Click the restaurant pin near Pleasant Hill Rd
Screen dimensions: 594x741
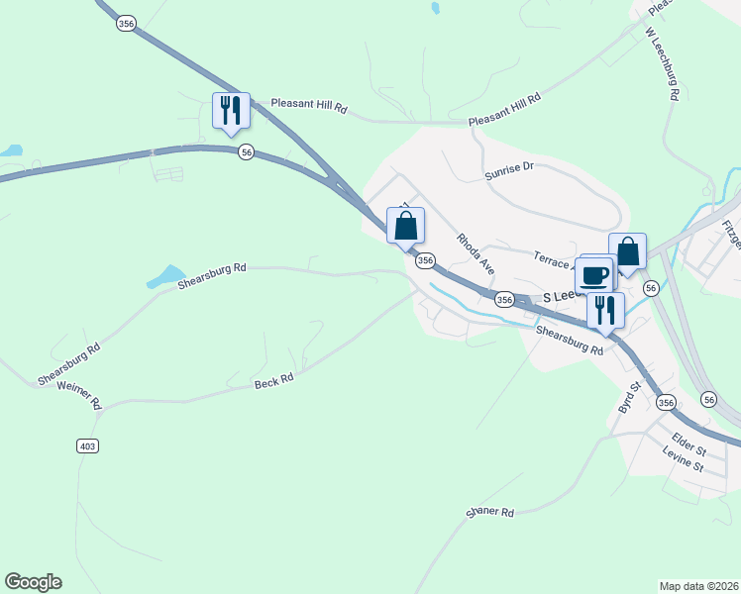231,110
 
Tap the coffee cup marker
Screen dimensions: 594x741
594,274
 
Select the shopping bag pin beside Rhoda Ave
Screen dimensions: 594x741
406,226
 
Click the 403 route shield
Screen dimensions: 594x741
87,446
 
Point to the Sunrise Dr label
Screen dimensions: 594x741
509,168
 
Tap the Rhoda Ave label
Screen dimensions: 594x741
476,253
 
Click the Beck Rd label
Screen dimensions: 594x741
274,377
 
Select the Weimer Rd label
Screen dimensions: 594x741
80,395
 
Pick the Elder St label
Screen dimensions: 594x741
688,441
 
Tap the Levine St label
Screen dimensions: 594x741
683,460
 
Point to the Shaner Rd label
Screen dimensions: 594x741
490,513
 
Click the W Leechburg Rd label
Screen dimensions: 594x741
661,64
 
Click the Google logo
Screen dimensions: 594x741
33,582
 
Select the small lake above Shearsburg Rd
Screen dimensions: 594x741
166,275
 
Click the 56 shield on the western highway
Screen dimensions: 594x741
246,151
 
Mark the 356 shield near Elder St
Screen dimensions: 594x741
665,402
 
